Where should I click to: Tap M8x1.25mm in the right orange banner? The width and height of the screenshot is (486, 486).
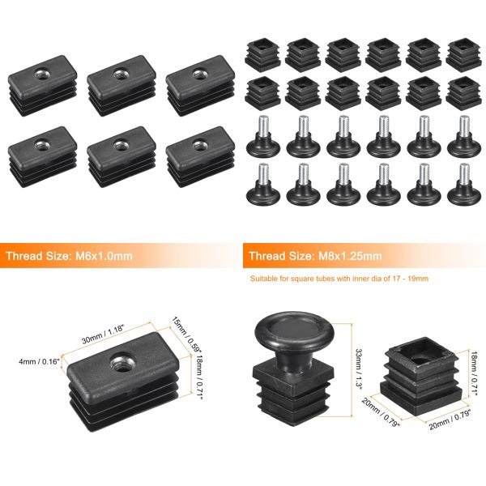348,256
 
